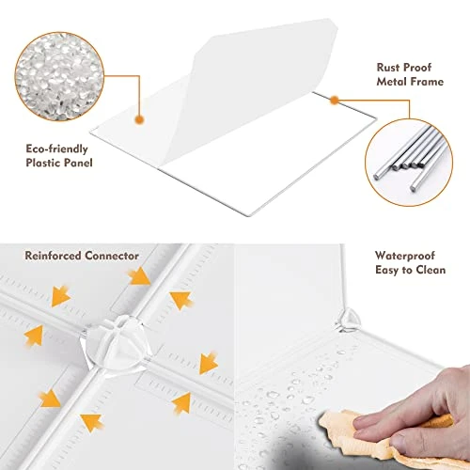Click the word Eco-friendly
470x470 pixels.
[x=56, y=149]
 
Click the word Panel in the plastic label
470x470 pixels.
[x=78, y=163]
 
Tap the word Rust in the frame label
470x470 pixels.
[x=387, y=68]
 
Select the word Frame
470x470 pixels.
[x=427, y=82]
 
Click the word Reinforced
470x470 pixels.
[x=53, y=256]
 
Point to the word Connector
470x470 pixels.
[x=112, y=256]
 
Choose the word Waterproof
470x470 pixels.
[x=405, y=256]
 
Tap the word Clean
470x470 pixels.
[x=429, y=270]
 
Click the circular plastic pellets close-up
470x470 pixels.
[x=59, y=76]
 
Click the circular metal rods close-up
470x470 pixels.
[x=409, y=163]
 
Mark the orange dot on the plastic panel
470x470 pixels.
[x=139, y=119]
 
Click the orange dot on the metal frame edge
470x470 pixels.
[x=335, y=101]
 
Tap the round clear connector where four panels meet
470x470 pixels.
[x=115, y=343]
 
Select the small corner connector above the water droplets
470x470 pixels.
[x=348, y=321]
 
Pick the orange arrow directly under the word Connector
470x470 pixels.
[x=139, y=276]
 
